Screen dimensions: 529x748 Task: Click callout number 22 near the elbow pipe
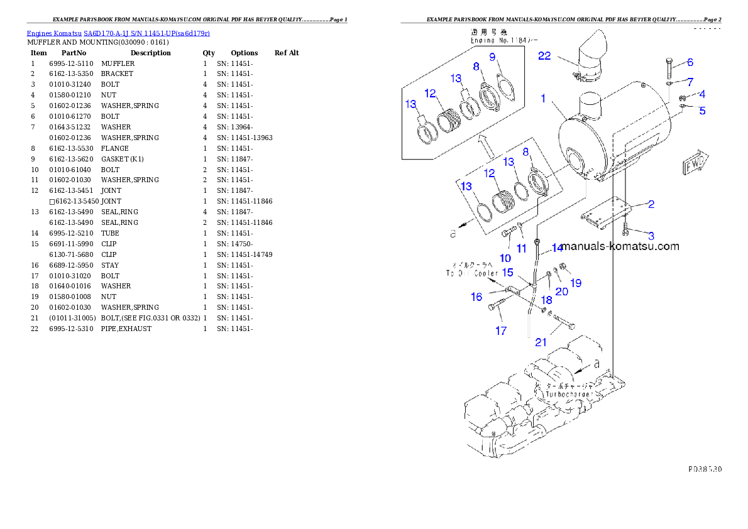(x=544, y=56)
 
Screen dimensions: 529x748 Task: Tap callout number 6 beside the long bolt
(x=690, y=62)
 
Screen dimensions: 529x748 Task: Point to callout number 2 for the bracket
(x=651, y=204)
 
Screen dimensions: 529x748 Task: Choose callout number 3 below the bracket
(x=651, y=236)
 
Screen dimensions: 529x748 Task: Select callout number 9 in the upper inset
(x=493, y=57)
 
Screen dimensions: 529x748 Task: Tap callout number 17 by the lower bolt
(x=500, y=330)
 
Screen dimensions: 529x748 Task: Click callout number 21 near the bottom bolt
(x=541, y=342)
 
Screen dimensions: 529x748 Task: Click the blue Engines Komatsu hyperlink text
(x=118, y=33)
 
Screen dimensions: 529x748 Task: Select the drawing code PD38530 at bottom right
(x=705, y=469)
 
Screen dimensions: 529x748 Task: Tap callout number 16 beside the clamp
(x=477, y=297)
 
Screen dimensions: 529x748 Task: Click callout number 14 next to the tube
(x=558, y=248)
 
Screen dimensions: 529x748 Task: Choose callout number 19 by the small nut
(x=576, y=283)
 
